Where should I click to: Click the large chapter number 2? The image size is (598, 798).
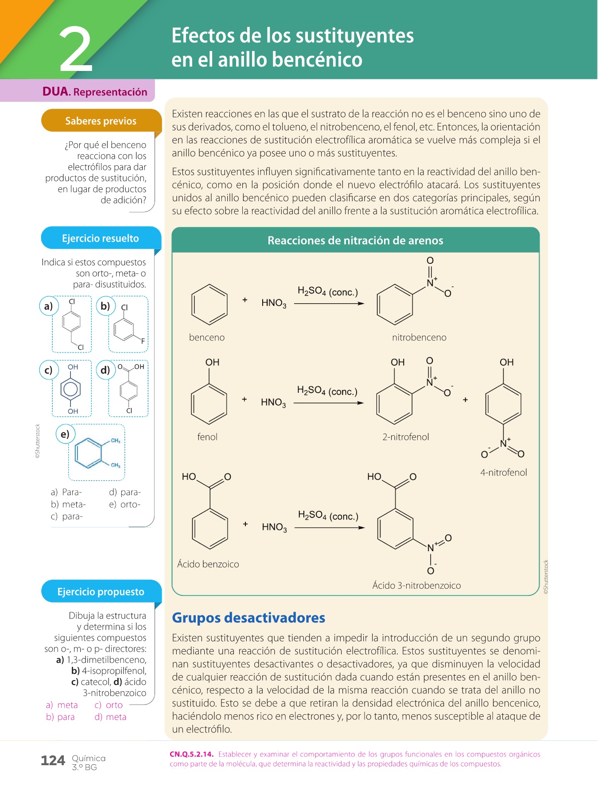[76, 50]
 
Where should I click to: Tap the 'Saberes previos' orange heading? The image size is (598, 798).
[101, 121]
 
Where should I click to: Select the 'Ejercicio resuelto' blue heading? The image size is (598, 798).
[100, 239]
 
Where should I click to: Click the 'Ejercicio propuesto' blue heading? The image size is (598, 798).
[101, 592]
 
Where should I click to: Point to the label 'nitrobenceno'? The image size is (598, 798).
[419, 337]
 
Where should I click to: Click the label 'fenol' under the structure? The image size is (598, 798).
[207, 437]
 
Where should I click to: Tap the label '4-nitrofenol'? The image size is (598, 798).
[504, 473]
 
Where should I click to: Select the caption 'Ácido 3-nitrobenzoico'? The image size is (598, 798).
[416, 586]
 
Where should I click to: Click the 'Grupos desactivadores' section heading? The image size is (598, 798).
[249, 618]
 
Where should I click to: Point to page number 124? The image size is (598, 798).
[53, 761]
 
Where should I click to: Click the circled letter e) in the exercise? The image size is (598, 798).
[65, 434]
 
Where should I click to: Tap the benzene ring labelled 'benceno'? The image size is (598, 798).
[209, 305]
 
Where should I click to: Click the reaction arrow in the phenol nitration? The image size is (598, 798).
[328, 403]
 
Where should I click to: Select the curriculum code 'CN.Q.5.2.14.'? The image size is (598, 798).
[191, 754]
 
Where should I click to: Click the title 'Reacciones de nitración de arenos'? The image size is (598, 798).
[355, 241]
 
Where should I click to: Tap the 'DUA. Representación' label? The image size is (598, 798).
[95, 92]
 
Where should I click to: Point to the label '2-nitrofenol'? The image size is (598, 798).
[406, 437]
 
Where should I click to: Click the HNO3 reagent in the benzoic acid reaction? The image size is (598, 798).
[274, 527]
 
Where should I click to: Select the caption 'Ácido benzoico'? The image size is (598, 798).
[208, 564]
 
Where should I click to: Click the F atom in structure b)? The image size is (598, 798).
[143, 341]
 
